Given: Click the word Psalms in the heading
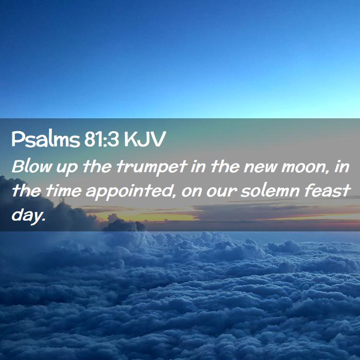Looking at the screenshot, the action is pos(46,139).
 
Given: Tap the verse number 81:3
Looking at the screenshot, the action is pos(101,139).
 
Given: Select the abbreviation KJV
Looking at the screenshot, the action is pos(145,139).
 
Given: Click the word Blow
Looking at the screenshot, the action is pos(32,166).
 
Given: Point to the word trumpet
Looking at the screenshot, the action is pos(152,167).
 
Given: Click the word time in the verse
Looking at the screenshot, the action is pos(63,191).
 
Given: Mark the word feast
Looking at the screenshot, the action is pos(327,190).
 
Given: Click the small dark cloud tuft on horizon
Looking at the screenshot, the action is pos(124,224).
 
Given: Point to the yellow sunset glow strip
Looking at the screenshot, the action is pos(147,217).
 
